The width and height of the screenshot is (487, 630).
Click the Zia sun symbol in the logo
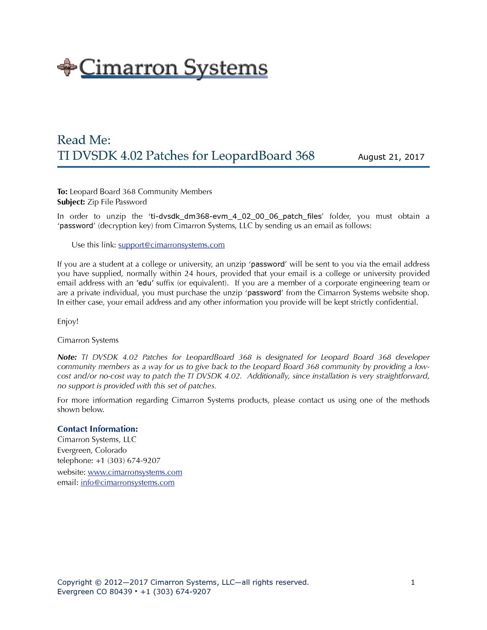(67, 67)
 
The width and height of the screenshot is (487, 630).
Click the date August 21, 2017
(391, 157)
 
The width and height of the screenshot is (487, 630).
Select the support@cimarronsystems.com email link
(171, 245)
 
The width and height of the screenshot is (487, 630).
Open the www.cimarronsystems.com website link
(135, 472)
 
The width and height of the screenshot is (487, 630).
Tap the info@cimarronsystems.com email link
(128, 482)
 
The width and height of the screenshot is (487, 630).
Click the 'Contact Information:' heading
(98, 429)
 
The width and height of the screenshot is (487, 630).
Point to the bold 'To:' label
(62, 192)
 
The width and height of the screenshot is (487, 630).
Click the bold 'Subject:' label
(71, 202)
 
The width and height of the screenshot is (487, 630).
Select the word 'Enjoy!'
(68, 321)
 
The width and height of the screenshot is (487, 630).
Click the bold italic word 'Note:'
(67, 357)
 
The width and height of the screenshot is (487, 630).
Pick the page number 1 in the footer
(413, 582)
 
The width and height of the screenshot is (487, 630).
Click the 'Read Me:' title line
(84, 140)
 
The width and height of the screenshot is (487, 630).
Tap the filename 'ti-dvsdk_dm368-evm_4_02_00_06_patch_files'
(236, 216)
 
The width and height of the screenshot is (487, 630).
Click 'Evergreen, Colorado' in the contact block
(92, 450)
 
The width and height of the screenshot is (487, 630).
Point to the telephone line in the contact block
(109, 460)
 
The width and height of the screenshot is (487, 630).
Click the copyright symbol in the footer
(98, 582)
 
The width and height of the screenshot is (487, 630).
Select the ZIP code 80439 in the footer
(121, 592)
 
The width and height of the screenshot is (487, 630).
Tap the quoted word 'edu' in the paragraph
(145, 283)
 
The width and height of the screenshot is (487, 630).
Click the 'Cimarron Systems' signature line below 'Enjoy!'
(88, 340)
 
